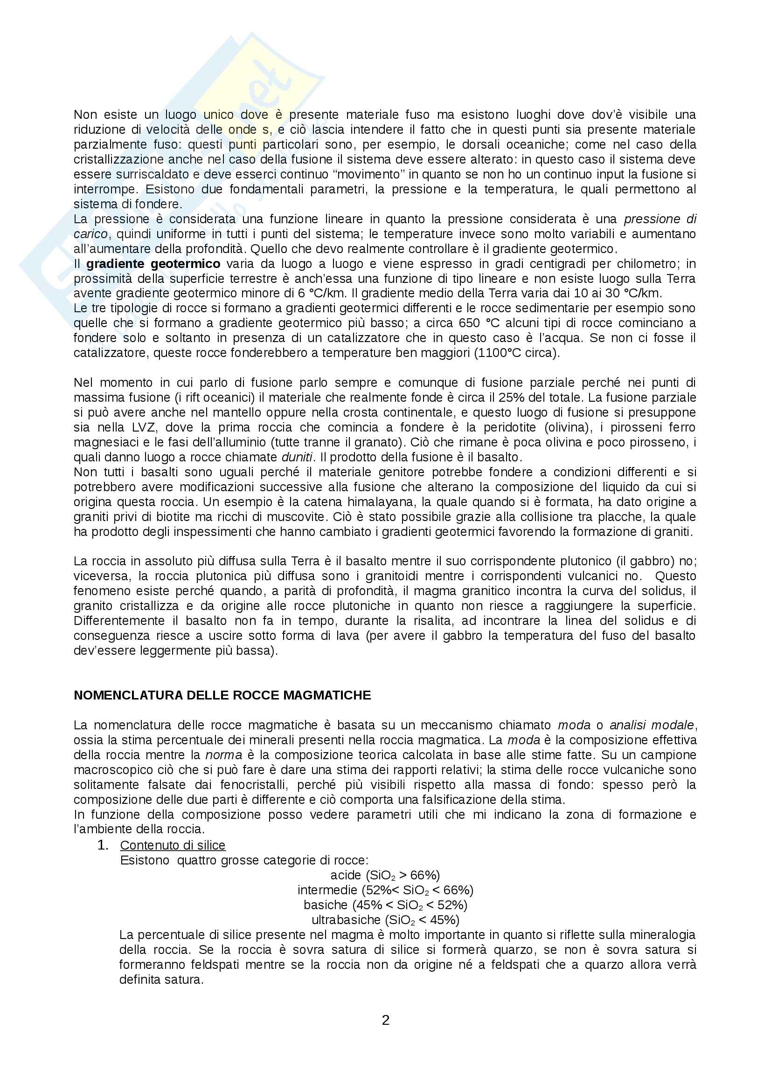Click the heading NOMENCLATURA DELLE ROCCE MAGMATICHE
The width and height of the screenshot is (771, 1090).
pos(222,695)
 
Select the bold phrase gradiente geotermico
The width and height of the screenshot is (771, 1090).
pos(153,264)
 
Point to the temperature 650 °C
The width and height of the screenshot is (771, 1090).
pos(480,323)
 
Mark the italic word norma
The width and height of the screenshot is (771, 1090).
pos(223,755)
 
